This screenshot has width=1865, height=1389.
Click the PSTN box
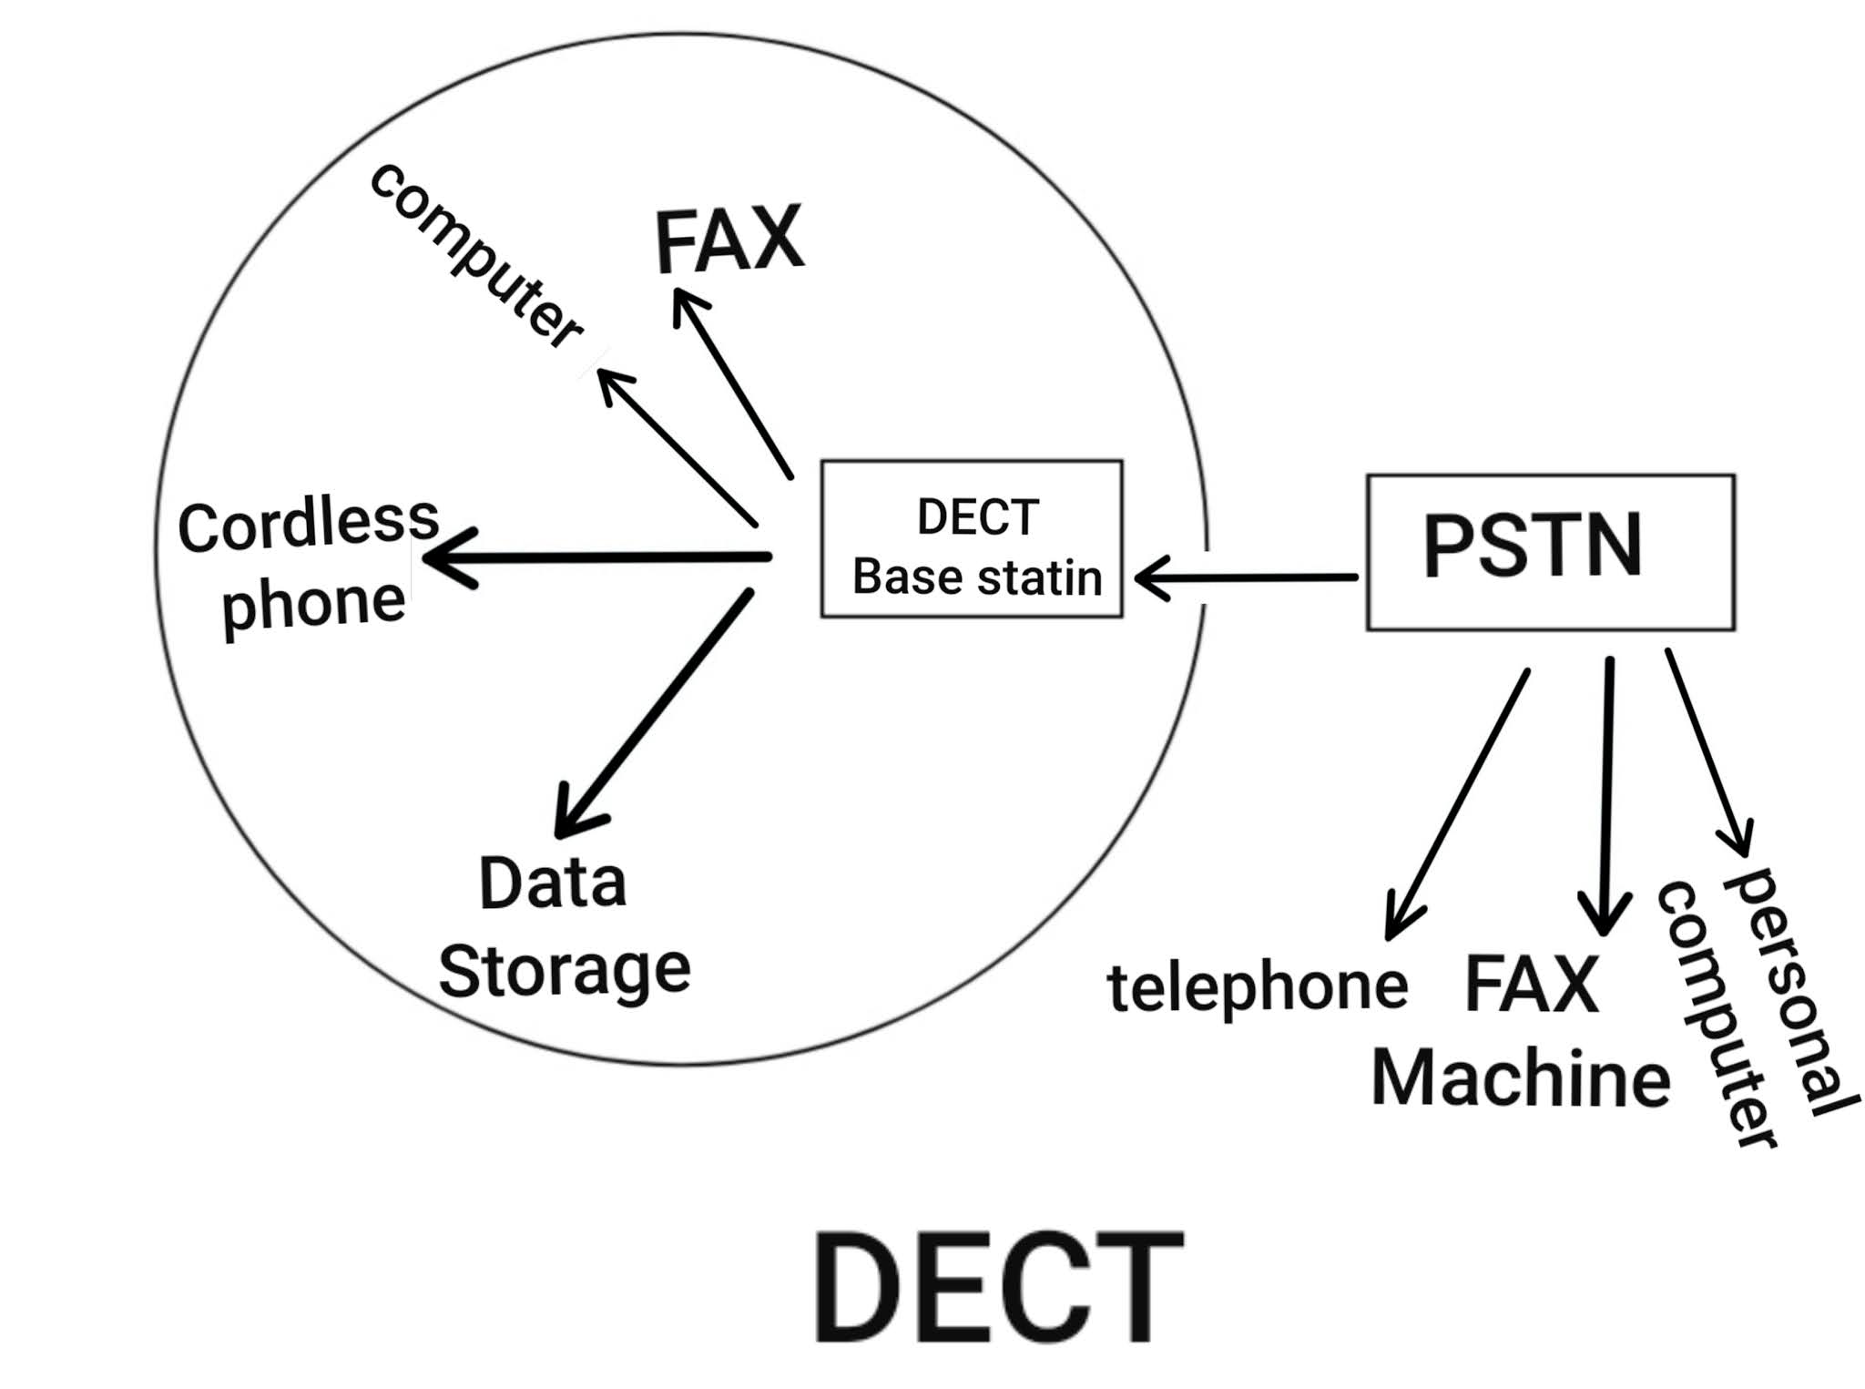(x=1550, y=551)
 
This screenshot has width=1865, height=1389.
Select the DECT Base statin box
(x=971, y=539)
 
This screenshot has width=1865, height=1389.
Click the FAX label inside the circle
(x=729, y=240)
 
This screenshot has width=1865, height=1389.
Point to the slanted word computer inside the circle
(x=475, y=256)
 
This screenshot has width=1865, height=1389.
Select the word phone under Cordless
(x=313, y=603)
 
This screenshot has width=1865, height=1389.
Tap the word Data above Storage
(x=553, y=883)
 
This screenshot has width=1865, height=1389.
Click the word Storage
(x=565, y=971)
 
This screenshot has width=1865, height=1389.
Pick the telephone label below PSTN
(x=1257, y=987)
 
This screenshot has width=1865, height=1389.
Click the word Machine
(x=1520, y=1078)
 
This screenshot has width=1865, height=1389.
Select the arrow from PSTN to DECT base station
(x=1246, y=577)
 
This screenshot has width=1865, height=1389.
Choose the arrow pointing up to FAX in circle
(x=733, y=383)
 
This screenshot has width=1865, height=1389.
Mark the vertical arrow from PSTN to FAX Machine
(x=1607, y=792)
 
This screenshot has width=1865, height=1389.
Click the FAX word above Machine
(x=1531, y=985)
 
